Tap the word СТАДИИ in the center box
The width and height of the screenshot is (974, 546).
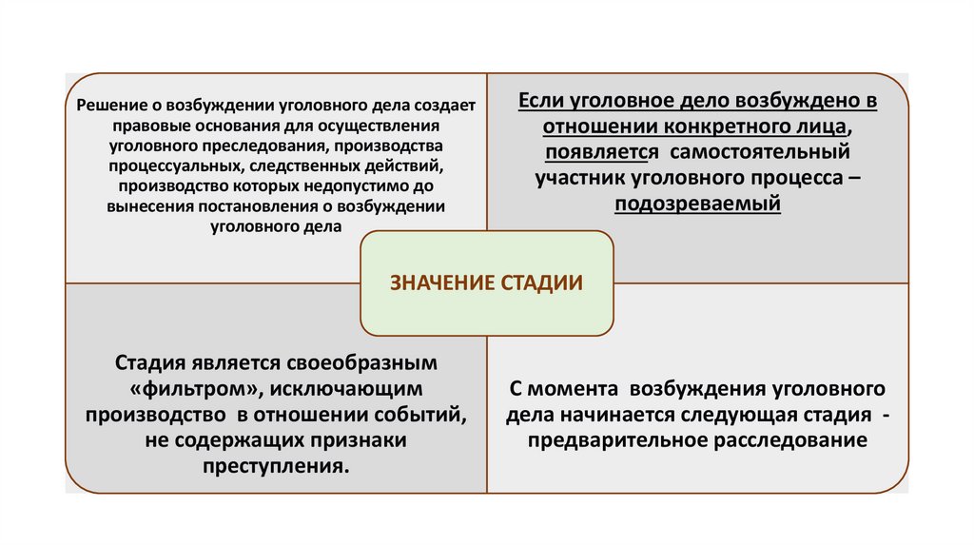click(541, 283)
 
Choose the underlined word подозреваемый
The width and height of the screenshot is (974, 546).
click(697, 204)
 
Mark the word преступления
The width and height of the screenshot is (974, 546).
click(275, 466)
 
